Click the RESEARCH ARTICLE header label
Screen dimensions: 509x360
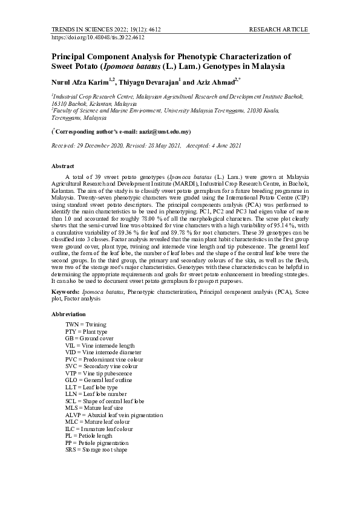coord(278,29)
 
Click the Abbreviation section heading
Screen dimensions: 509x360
coord(68,314)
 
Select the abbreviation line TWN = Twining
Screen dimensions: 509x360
coord(85,325)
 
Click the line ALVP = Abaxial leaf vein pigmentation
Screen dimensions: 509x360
coord(114,415)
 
